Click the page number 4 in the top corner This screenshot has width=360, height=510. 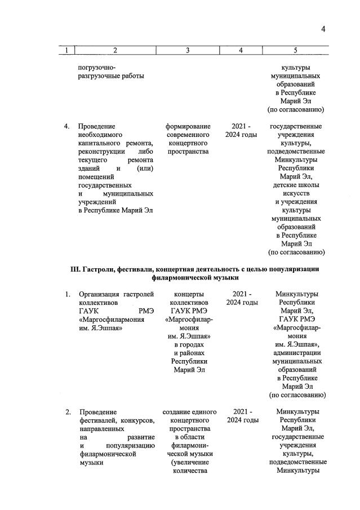click(323, 30)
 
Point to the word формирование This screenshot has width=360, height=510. click(188, 126)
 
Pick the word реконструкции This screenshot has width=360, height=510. click(101, 152)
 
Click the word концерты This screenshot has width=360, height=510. click(188, 294)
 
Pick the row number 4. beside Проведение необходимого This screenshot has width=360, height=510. click(67, 126)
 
